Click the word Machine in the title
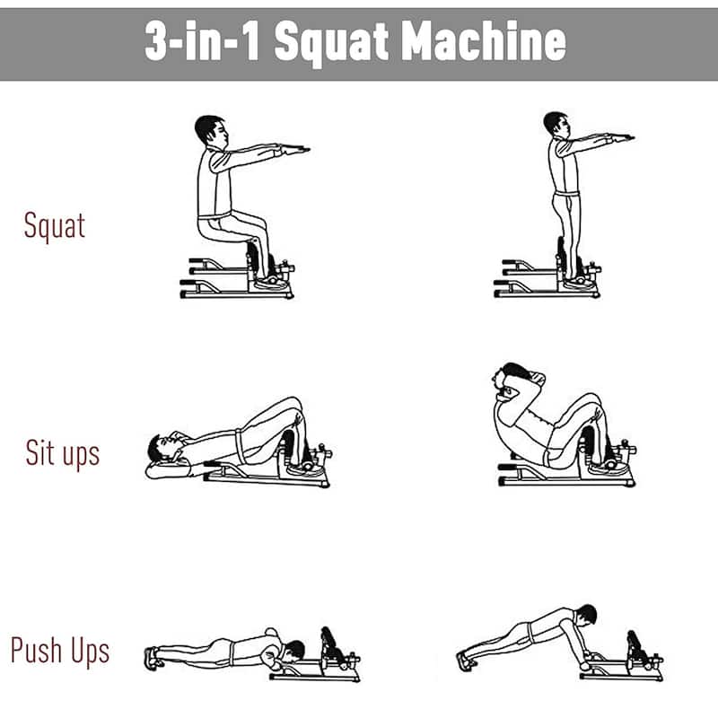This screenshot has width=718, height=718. click(484, 41)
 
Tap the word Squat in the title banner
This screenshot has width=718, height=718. click(332, 44)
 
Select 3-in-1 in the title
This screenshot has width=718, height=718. click(203, 41)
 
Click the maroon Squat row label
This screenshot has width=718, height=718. click(55, 226)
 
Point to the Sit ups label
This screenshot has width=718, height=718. click(63, 453)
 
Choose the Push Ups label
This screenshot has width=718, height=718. click(60, 651)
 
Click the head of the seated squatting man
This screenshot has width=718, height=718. click(211, 131)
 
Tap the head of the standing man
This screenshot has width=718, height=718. click(557, 125)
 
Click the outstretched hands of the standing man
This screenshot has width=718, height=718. click(619, 137)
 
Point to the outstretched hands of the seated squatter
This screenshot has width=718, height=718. click(294, 149)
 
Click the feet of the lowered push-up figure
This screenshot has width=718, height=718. click(153, 659)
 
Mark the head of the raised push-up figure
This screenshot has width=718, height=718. click(586, 615)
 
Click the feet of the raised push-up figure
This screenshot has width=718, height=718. click(466, 661)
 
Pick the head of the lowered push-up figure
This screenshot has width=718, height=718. click(293, 650)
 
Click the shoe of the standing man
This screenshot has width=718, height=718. click(578, 284)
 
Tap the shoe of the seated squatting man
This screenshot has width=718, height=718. click(271, 283)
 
